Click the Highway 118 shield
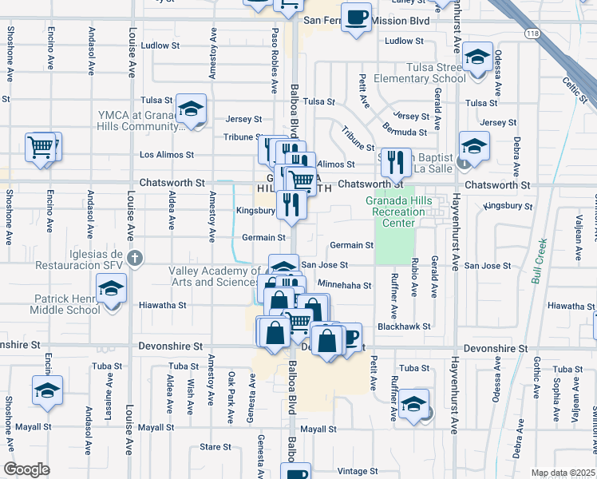point(532,34)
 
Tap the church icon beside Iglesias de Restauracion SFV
point(135,258)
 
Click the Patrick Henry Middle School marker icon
point(111,288)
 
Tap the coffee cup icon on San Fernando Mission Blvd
point(357,16)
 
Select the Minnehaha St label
point(345,285)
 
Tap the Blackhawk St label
point(404,327)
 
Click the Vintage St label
point(357,471)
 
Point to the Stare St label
point(215,447)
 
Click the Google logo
point(26,469)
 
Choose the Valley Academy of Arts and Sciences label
point(214,276)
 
